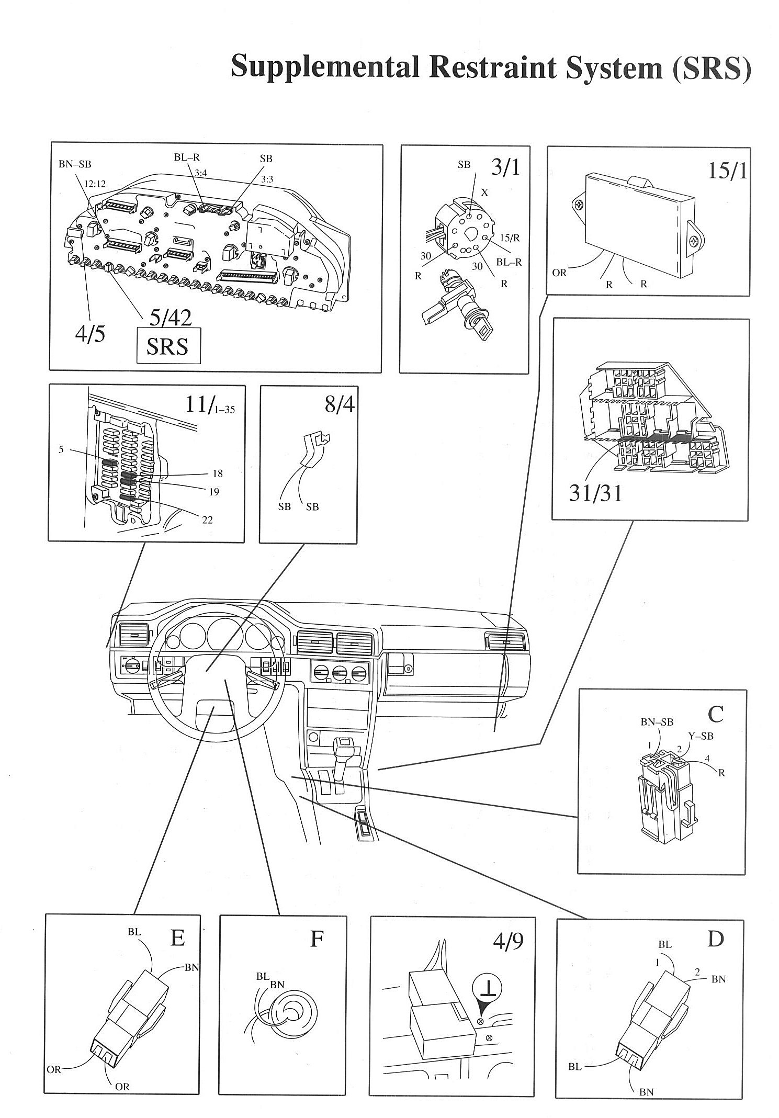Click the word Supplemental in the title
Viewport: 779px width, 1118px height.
(x=324, y=68)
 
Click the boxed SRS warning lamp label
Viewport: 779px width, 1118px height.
(x=168, y=346)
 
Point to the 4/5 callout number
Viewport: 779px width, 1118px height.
(x=89, y=333)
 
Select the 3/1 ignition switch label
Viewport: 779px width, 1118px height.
(x=505, y=167)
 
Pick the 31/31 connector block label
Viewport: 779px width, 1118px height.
(x=595, y=493)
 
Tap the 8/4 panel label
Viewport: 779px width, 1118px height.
(x=340, y=404)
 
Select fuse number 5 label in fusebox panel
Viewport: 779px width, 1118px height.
(x=61, y=449)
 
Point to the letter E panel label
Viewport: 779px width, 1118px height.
(x=177, y=938)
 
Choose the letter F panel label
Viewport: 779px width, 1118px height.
(x=316, y=939)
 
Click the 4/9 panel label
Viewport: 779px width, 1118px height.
(x=507, y=940)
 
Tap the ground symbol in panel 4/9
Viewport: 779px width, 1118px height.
(x=487, y=990)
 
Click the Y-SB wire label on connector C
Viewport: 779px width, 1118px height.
(x=701, y=736)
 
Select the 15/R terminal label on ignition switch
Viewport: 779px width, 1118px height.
(x=509, y=238)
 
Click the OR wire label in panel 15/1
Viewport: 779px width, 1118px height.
(x=559, y=273)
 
